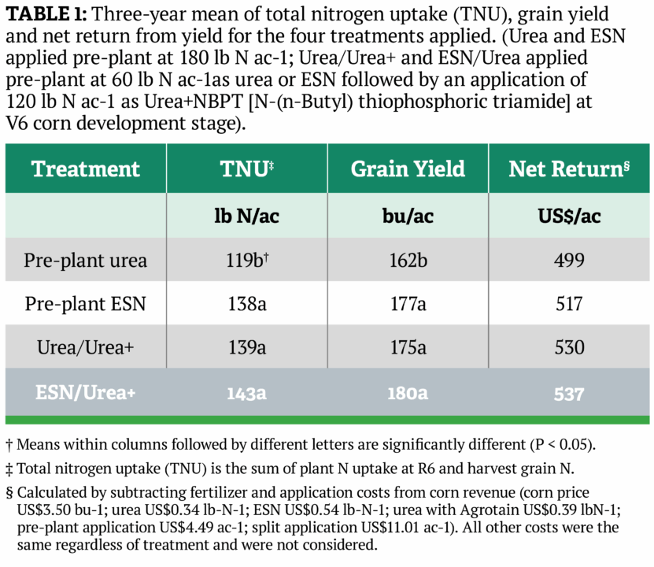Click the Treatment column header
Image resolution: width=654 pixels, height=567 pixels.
[x=85, y=169]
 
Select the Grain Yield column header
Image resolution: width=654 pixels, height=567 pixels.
[x=407, y=169]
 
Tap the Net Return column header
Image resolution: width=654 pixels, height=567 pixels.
[x=569, y=169]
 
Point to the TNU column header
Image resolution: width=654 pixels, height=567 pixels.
[x=247, y=169]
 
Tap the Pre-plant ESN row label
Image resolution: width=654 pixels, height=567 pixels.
[x=85, y=304]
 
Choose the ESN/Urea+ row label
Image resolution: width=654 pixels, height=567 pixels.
[x=85, y=391]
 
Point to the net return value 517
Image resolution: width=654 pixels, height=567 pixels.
[x=568, y=304]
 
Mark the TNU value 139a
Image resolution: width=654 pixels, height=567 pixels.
[x=246, y=348]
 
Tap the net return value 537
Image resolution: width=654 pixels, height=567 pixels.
[x=568, y=391]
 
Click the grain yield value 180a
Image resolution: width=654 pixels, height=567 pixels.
[x=407, y=391]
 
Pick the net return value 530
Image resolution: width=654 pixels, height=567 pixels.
[x=568, y=348]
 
